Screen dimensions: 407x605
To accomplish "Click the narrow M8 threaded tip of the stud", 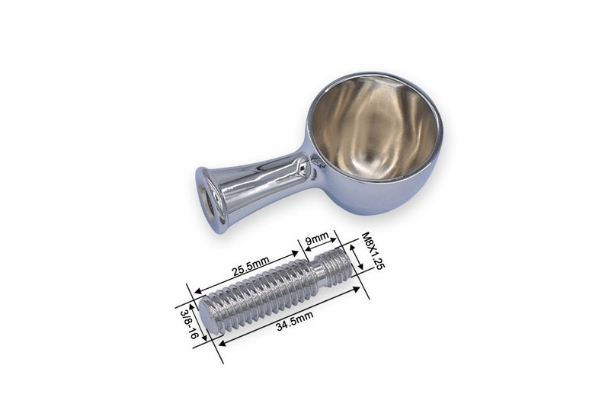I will pyautogui.click(x=331, y=263).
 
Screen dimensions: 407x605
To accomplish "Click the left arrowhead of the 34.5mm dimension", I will pyautogui.click(x=221, y=342).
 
